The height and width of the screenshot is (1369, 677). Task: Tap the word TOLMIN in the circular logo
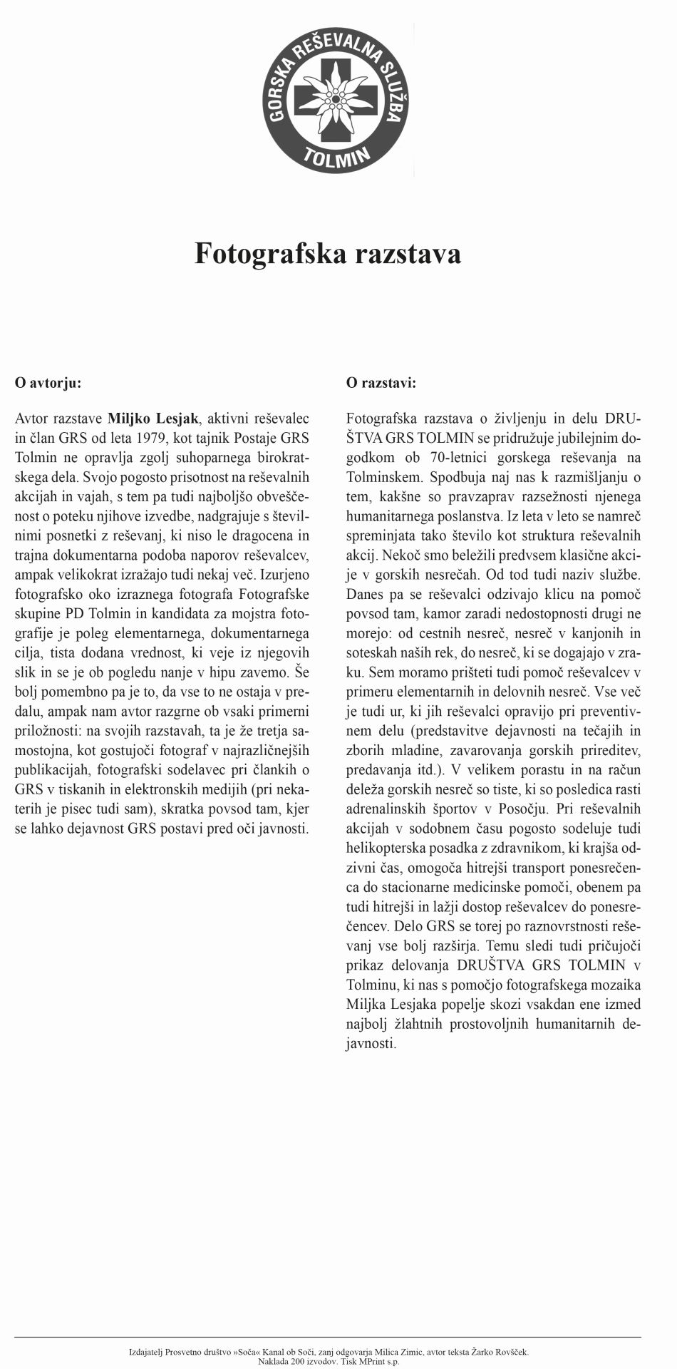338,156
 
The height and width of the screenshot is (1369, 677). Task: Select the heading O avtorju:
48,383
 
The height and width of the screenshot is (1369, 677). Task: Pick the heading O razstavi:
381,383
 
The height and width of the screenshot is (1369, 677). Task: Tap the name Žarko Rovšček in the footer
502,1351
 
